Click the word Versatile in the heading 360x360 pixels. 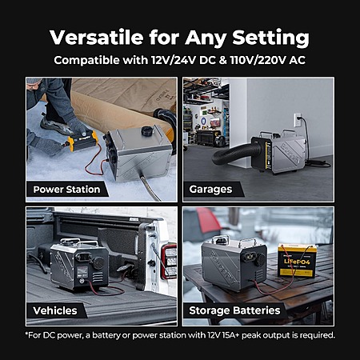click(97, 38)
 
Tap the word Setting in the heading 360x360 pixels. click(270, 38)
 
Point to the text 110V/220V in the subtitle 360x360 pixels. click(258, 60)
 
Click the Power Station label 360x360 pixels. click(66, 190)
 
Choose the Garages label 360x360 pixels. click(210, 190)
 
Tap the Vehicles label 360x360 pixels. click(55, 310)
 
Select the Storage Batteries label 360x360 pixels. click(234, 310)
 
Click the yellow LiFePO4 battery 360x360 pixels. click(298, 260)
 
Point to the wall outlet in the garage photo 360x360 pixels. click(298, 120)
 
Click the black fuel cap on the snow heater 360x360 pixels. click(147, 131)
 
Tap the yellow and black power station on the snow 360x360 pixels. click(82, 141)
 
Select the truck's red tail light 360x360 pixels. click(169, 262)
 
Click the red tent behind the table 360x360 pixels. click(208, 220)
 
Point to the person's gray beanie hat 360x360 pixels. click(34, 80)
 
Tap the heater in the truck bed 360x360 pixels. click(79, 264)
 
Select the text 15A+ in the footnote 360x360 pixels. click(230, 335)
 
